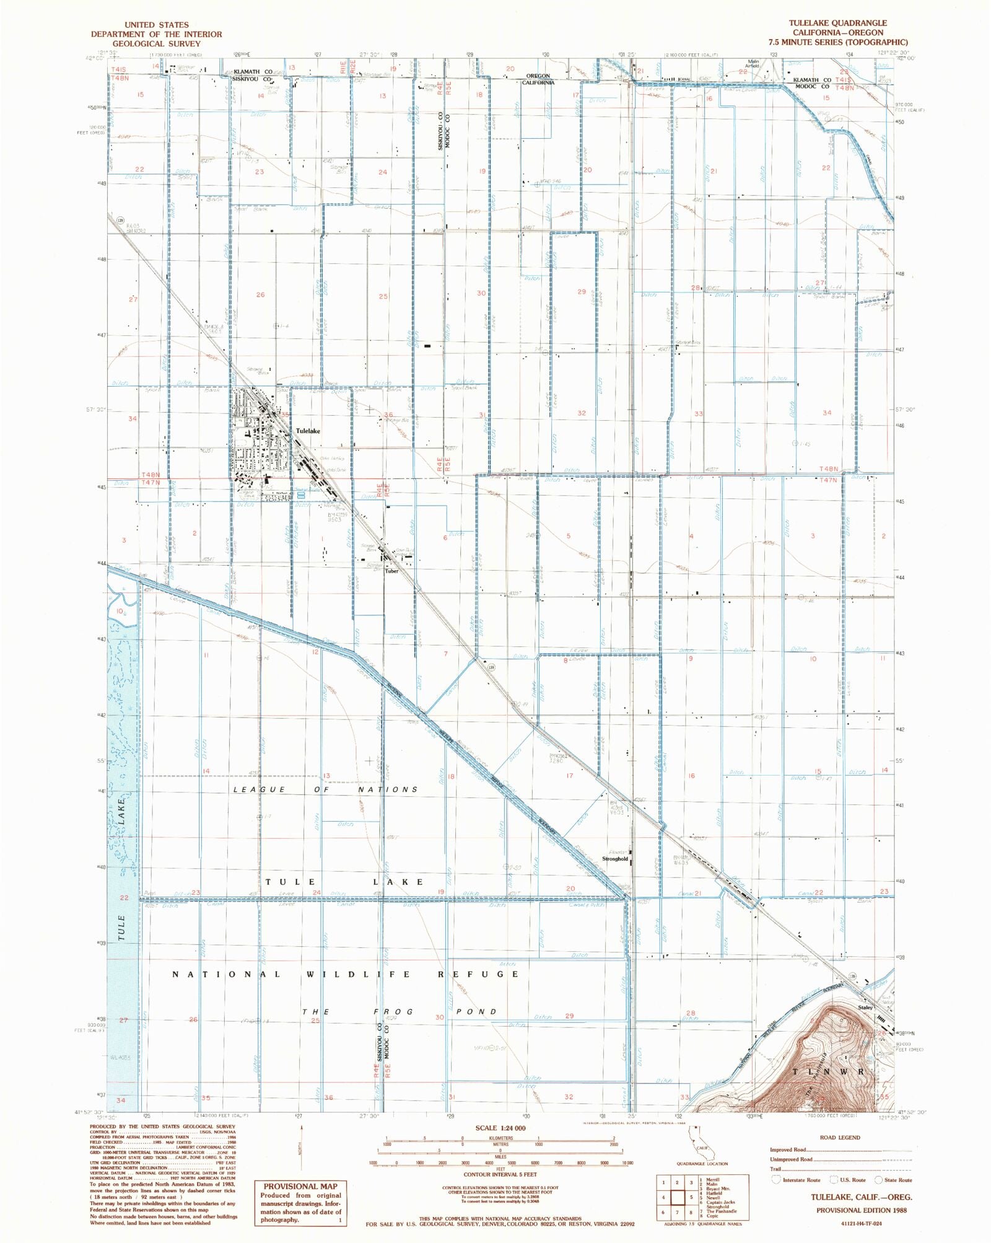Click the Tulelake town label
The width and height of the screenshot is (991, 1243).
308,431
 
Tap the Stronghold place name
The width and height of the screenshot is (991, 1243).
614,859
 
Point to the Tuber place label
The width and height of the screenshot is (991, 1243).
391,571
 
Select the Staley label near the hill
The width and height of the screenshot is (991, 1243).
865,1007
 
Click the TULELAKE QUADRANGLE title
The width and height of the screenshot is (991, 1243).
837,23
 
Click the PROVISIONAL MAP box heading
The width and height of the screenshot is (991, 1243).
300,1186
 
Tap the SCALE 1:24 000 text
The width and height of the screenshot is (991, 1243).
500,1128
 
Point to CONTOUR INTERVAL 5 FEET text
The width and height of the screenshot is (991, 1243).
500,1174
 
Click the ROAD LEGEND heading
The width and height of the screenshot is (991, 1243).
839,1138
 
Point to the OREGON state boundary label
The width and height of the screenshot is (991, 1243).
538,76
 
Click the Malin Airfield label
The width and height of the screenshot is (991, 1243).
753,63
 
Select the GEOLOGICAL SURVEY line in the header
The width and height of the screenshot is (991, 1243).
156,44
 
